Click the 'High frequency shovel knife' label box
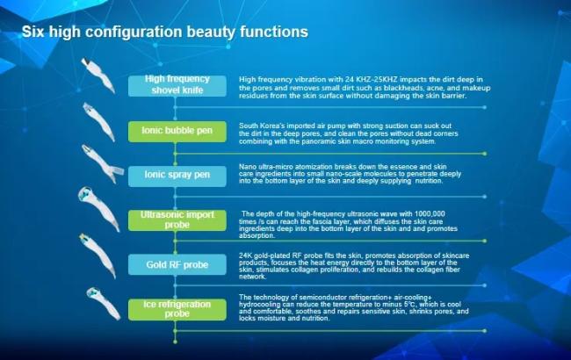point(177,86)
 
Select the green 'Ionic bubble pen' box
point(177,132)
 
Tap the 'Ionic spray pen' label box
point(177,176)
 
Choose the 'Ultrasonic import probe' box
point(177,220)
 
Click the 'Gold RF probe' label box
point(177,264)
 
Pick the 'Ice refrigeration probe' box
point(177,310)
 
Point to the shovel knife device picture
point(98,75)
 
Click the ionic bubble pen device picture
point(98,121)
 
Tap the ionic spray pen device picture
point(102,164)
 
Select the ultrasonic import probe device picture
point(98,209)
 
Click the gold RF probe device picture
point(98,256)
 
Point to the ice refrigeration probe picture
point(104,304)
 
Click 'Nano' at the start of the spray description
point(247,167)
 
